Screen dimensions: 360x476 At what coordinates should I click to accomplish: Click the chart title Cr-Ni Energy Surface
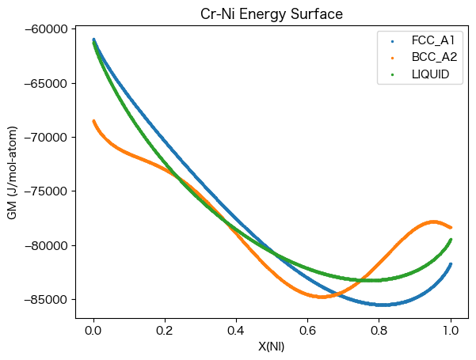pos(272,14)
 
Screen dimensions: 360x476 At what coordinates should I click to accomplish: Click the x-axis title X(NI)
pos(272,347)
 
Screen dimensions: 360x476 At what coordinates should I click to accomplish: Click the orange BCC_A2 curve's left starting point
pos(93,121)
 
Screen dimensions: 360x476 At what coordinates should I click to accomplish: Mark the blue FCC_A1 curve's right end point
pos(451,264)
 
